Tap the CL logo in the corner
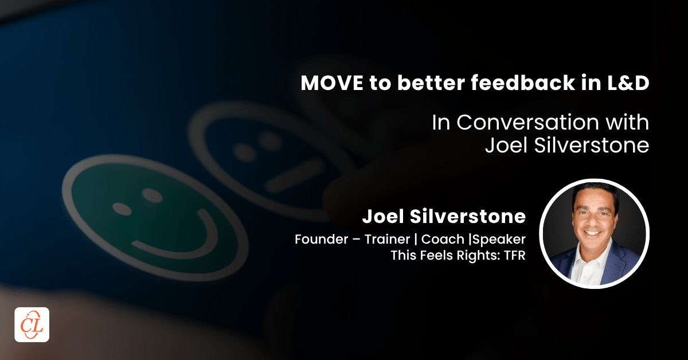coord(32,325)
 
